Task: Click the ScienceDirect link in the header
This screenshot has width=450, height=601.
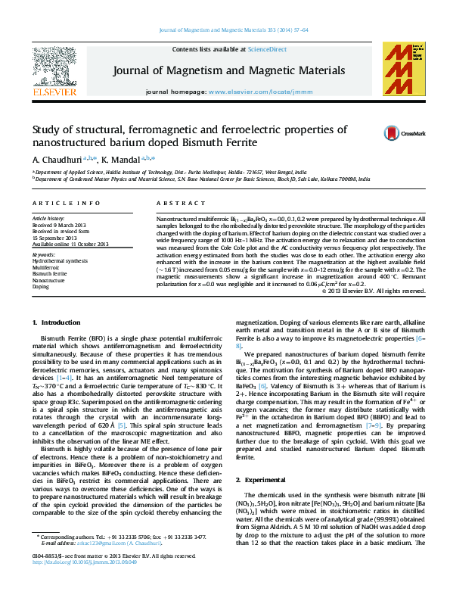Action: coord(268,49)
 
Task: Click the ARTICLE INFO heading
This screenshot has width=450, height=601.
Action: coord(66,204)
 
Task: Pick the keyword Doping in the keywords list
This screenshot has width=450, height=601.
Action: coord(40,287)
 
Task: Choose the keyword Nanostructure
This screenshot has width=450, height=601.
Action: coord(48,280)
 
